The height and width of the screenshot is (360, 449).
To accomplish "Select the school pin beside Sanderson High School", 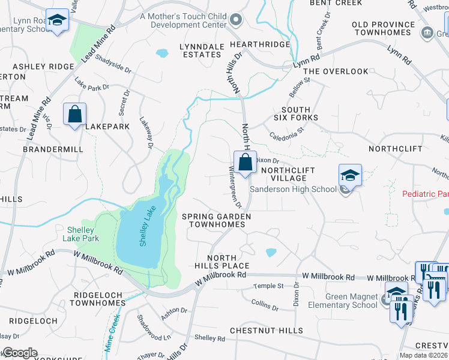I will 350,176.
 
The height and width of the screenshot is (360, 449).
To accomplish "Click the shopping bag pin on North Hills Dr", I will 245,162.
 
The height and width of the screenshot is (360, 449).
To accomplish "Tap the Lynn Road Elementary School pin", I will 57,21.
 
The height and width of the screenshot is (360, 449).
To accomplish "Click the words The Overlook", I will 336,71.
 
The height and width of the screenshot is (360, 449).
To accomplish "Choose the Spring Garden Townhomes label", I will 217,220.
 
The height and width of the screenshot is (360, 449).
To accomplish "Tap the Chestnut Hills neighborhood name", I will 268,331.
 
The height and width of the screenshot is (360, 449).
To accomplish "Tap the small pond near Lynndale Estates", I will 162,53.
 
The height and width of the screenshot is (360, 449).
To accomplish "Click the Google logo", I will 20,353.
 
